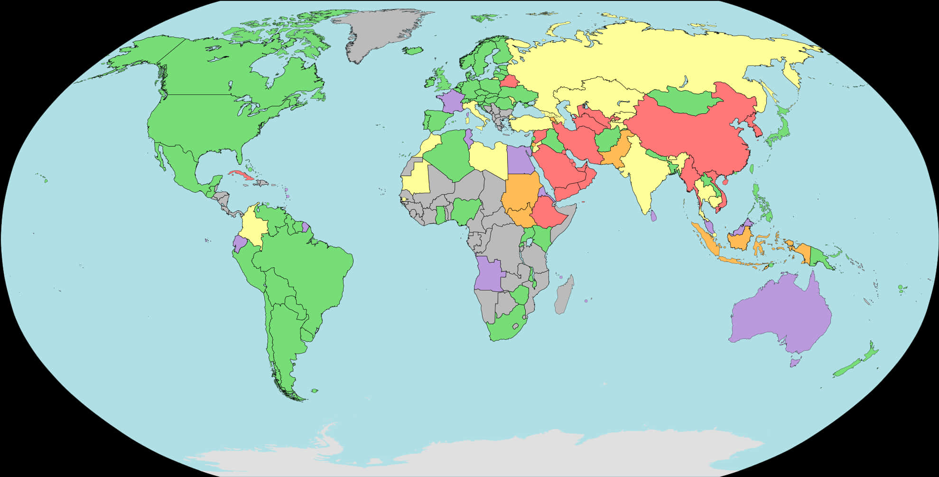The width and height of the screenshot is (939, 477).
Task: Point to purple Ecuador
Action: (x=239, y=244)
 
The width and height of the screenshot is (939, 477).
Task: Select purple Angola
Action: (x=489, y=275)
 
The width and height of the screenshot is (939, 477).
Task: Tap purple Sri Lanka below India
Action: (x=654, y=216)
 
